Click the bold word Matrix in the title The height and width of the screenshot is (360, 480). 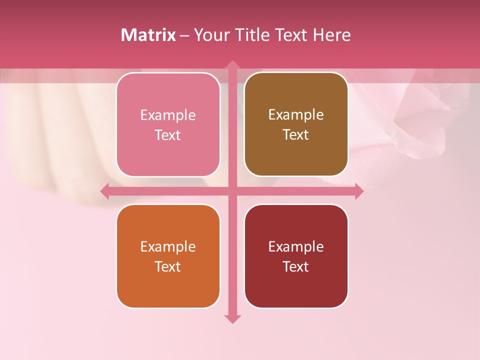[148, 35]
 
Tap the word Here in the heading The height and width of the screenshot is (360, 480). [332, 35]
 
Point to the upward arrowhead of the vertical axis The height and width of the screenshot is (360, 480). [232, 65]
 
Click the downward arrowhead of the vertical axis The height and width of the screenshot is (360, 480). [232, 318]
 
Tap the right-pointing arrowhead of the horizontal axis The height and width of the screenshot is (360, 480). [358, 191]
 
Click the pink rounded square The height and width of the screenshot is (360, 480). [168, 125]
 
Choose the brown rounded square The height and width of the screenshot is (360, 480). [296, 124]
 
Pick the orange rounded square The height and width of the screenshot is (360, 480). [168, 256]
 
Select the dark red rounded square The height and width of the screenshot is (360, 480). [296, 256]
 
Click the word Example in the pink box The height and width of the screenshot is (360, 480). [168, 115]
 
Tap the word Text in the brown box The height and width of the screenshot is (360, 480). [296, 135]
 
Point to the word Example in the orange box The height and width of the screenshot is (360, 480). [168, 247]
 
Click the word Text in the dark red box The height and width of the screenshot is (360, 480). [296, 266]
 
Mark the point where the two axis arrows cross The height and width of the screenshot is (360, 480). [232, 191]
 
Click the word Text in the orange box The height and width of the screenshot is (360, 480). [168, 266]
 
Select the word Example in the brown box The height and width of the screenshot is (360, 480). [296, 115]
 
